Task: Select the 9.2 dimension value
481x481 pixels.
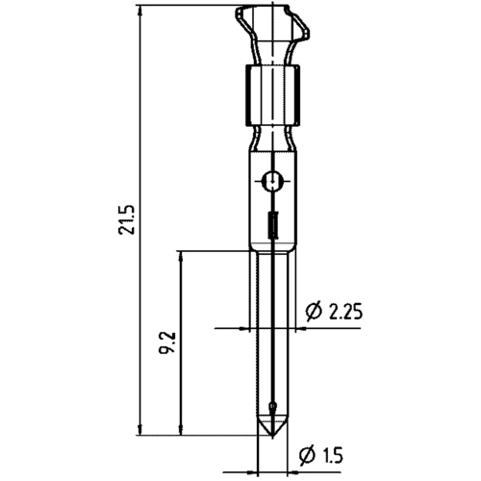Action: pos(167,342)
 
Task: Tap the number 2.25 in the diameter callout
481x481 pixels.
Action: pos(344,312)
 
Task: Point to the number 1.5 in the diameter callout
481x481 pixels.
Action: pos(333,453)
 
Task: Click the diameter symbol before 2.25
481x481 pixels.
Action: pos(312,312)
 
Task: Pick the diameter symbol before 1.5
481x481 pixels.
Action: pos(308,453)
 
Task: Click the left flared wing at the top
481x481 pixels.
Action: pos(242,19)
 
